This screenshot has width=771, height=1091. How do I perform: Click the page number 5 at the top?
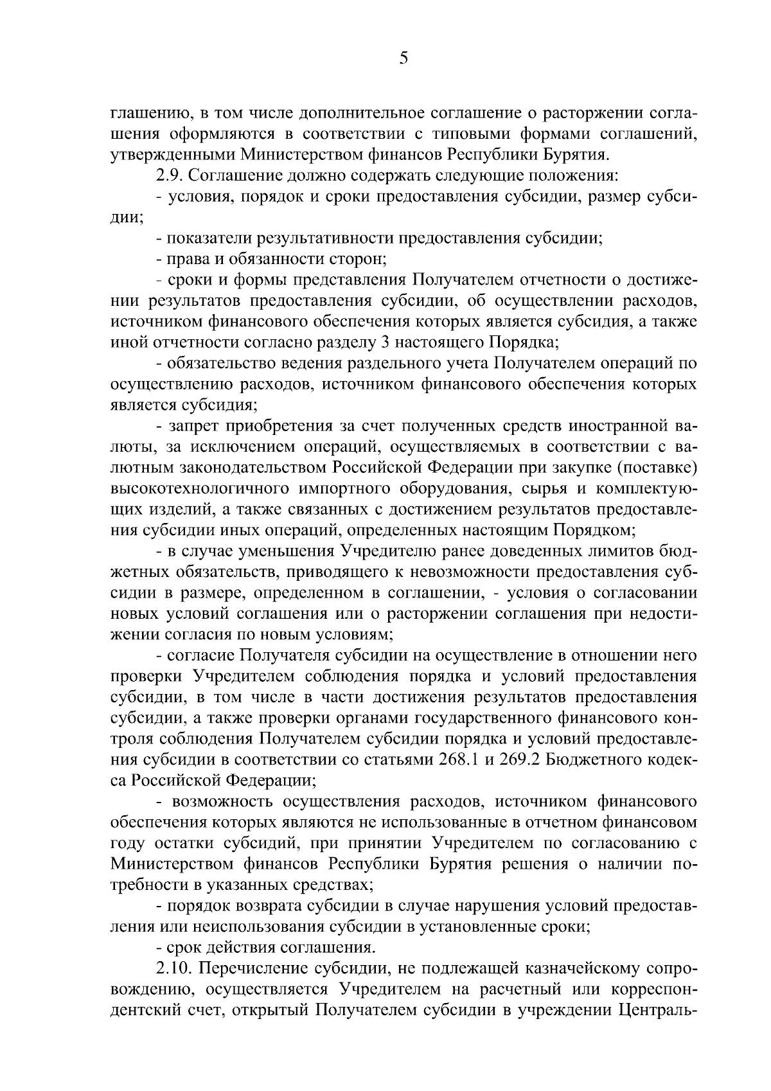click(x=403, y=59)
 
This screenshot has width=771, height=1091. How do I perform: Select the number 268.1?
click(x=458, y=759)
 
